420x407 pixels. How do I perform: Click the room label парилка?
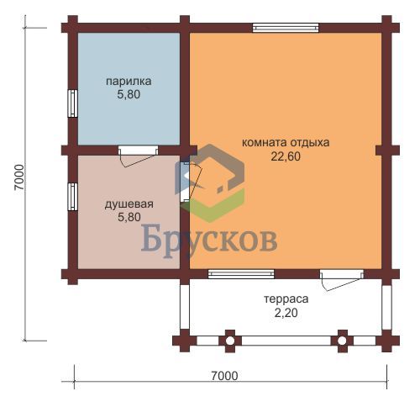pyautogui.click(x=129, y=82)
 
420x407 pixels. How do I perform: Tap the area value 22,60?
pyautogui.click(x=286, y=156)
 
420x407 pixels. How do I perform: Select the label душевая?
pyautogui.click(x=129, y=203)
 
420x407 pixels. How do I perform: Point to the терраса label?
pyautogui.click(x=286, y=299)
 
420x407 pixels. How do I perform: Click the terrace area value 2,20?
pyautogui.click(x=286, y=313)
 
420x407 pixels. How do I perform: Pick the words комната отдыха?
pyautogui.click(x=286, y=143)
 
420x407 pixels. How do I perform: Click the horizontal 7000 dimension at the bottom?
pyautogui.click(x=224, y=376)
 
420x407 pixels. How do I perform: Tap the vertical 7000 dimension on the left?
pyautogui.click(x=19, y=177)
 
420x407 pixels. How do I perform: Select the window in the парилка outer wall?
pyautogui.click(x=73, y=103)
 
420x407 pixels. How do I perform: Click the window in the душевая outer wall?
pyautogui.click(x=73, y=197)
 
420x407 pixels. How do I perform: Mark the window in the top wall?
pyautogui.click(x=286, y=28)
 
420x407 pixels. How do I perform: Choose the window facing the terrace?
pyautogui.click(x=241, y=274)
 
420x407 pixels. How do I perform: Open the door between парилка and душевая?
pyautogui.click(x=138, y=156)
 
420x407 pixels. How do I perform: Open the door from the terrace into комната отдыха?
pyautogui.click(x=342, y=280)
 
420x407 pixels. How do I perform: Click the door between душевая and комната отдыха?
pyautogui.click(x=192, y=182)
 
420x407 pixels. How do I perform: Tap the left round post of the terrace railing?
pyautogui.click(x=230, y=341)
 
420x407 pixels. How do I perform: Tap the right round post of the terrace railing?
pyautogui.click(x=342, y=341)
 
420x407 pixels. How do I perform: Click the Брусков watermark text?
pyautogui.click(x=209, y=240)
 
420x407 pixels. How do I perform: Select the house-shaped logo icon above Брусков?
pyautogui.click(x=210, y=182)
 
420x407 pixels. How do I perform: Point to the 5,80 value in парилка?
pyautogui.click(x=129, y=94)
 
